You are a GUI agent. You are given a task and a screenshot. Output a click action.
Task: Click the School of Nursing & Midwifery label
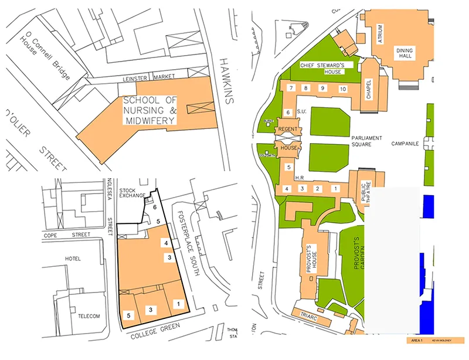pyautogui.click(x=149, y=110)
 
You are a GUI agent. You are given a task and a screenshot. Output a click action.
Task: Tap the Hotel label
pyautogui.click(x=73, y=259)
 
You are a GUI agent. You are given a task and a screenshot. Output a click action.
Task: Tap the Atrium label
pyautogui.click(x=380, y=29)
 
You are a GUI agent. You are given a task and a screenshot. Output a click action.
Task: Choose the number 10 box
pyautogui.click(x=342, y=88)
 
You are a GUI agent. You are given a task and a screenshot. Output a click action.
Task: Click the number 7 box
pyautogui.click(x=290, y=88)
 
